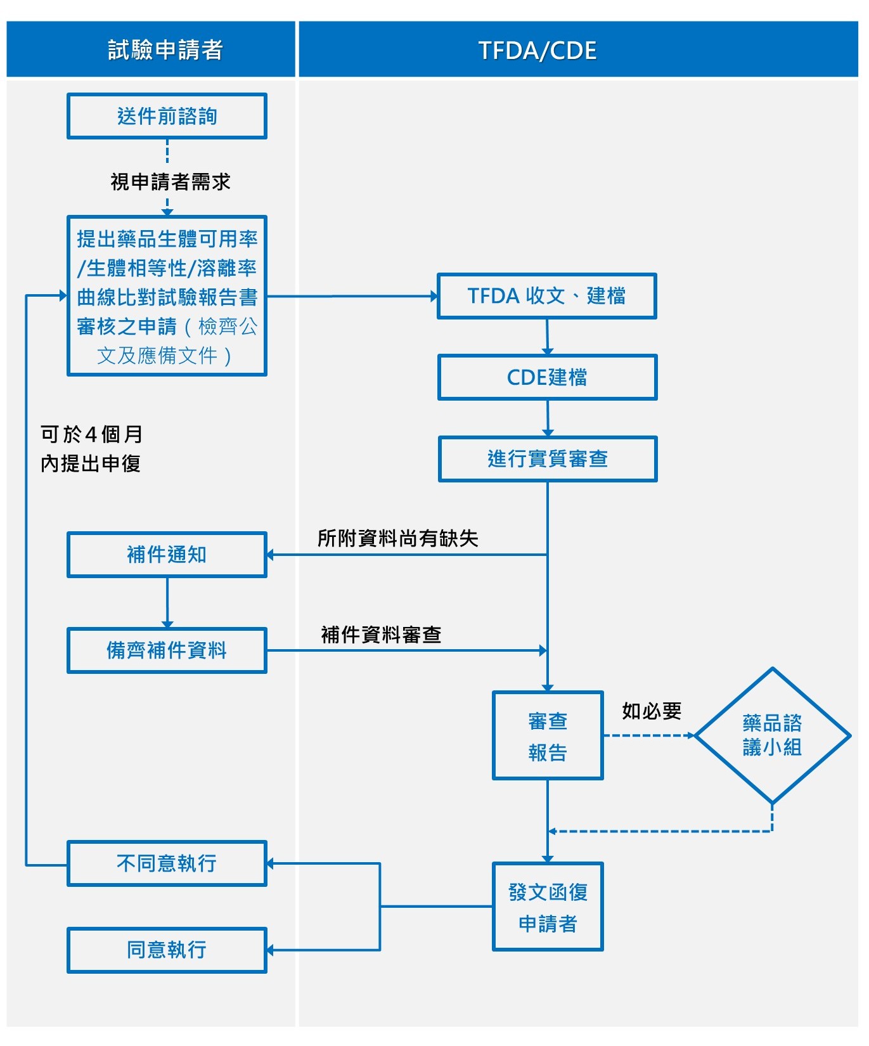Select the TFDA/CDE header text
537,51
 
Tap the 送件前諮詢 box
167,116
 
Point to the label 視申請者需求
170,182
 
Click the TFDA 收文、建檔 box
546,296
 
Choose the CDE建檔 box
547,377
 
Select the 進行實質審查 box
548,459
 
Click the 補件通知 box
167,555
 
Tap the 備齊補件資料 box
167,650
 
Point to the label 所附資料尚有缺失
397,538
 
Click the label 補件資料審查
381,635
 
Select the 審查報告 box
548,735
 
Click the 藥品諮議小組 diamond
772,735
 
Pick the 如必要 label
651,711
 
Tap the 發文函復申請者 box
548,907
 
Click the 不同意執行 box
167,863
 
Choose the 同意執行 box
167,950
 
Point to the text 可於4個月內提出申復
91,449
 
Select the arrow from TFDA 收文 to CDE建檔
548,337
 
